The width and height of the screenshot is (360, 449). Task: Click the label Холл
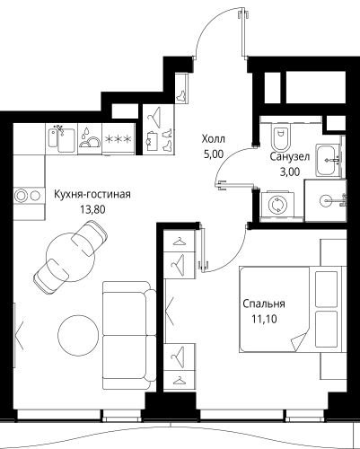click(214, 139)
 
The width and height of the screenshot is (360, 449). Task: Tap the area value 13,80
click(92, 209)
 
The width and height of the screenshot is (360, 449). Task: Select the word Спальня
click(264, 304)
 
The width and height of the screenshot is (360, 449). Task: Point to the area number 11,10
click(264, 320)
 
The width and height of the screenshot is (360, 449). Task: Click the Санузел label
click(289, 156)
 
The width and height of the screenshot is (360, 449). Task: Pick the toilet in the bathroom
click(281, 136)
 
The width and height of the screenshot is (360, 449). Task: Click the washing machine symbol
click(278, 206)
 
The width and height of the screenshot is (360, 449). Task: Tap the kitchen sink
click(62, 139)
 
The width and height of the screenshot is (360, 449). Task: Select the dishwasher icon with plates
click(90, 138)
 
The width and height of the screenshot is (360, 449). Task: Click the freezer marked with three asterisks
click(119, 139)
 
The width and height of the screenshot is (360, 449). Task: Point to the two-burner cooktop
click(28, 196)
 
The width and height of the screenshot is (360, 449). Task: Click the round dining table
click(71, 257)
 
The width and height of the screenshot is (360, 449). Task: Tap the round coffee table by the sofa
click(78, 335)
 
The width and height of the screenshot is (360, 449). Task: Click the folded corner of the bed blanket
click(298, 342)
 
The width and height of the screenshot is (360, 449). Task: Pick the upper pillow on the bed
click(327, 289)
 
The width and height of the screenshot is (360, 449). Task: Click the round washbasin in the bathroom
click(327, 200)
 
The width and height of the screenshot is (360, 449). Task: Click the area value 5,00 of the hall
click(214, 154)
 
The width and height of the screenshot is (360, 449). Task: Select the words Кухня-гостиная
click(92, 194)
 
